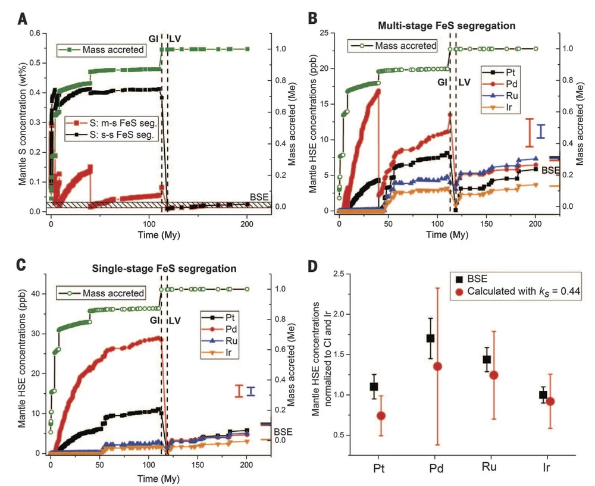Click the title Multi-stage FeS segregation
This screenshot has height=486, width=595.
pyautogui.click(x=446, y=26)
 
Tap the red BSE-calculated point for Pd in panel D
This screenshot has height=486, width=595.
pyautogui.click(x=438, y=366)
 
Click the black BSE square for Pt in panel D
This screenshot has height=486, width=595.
pyautogui.click(x=374, y=387)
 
